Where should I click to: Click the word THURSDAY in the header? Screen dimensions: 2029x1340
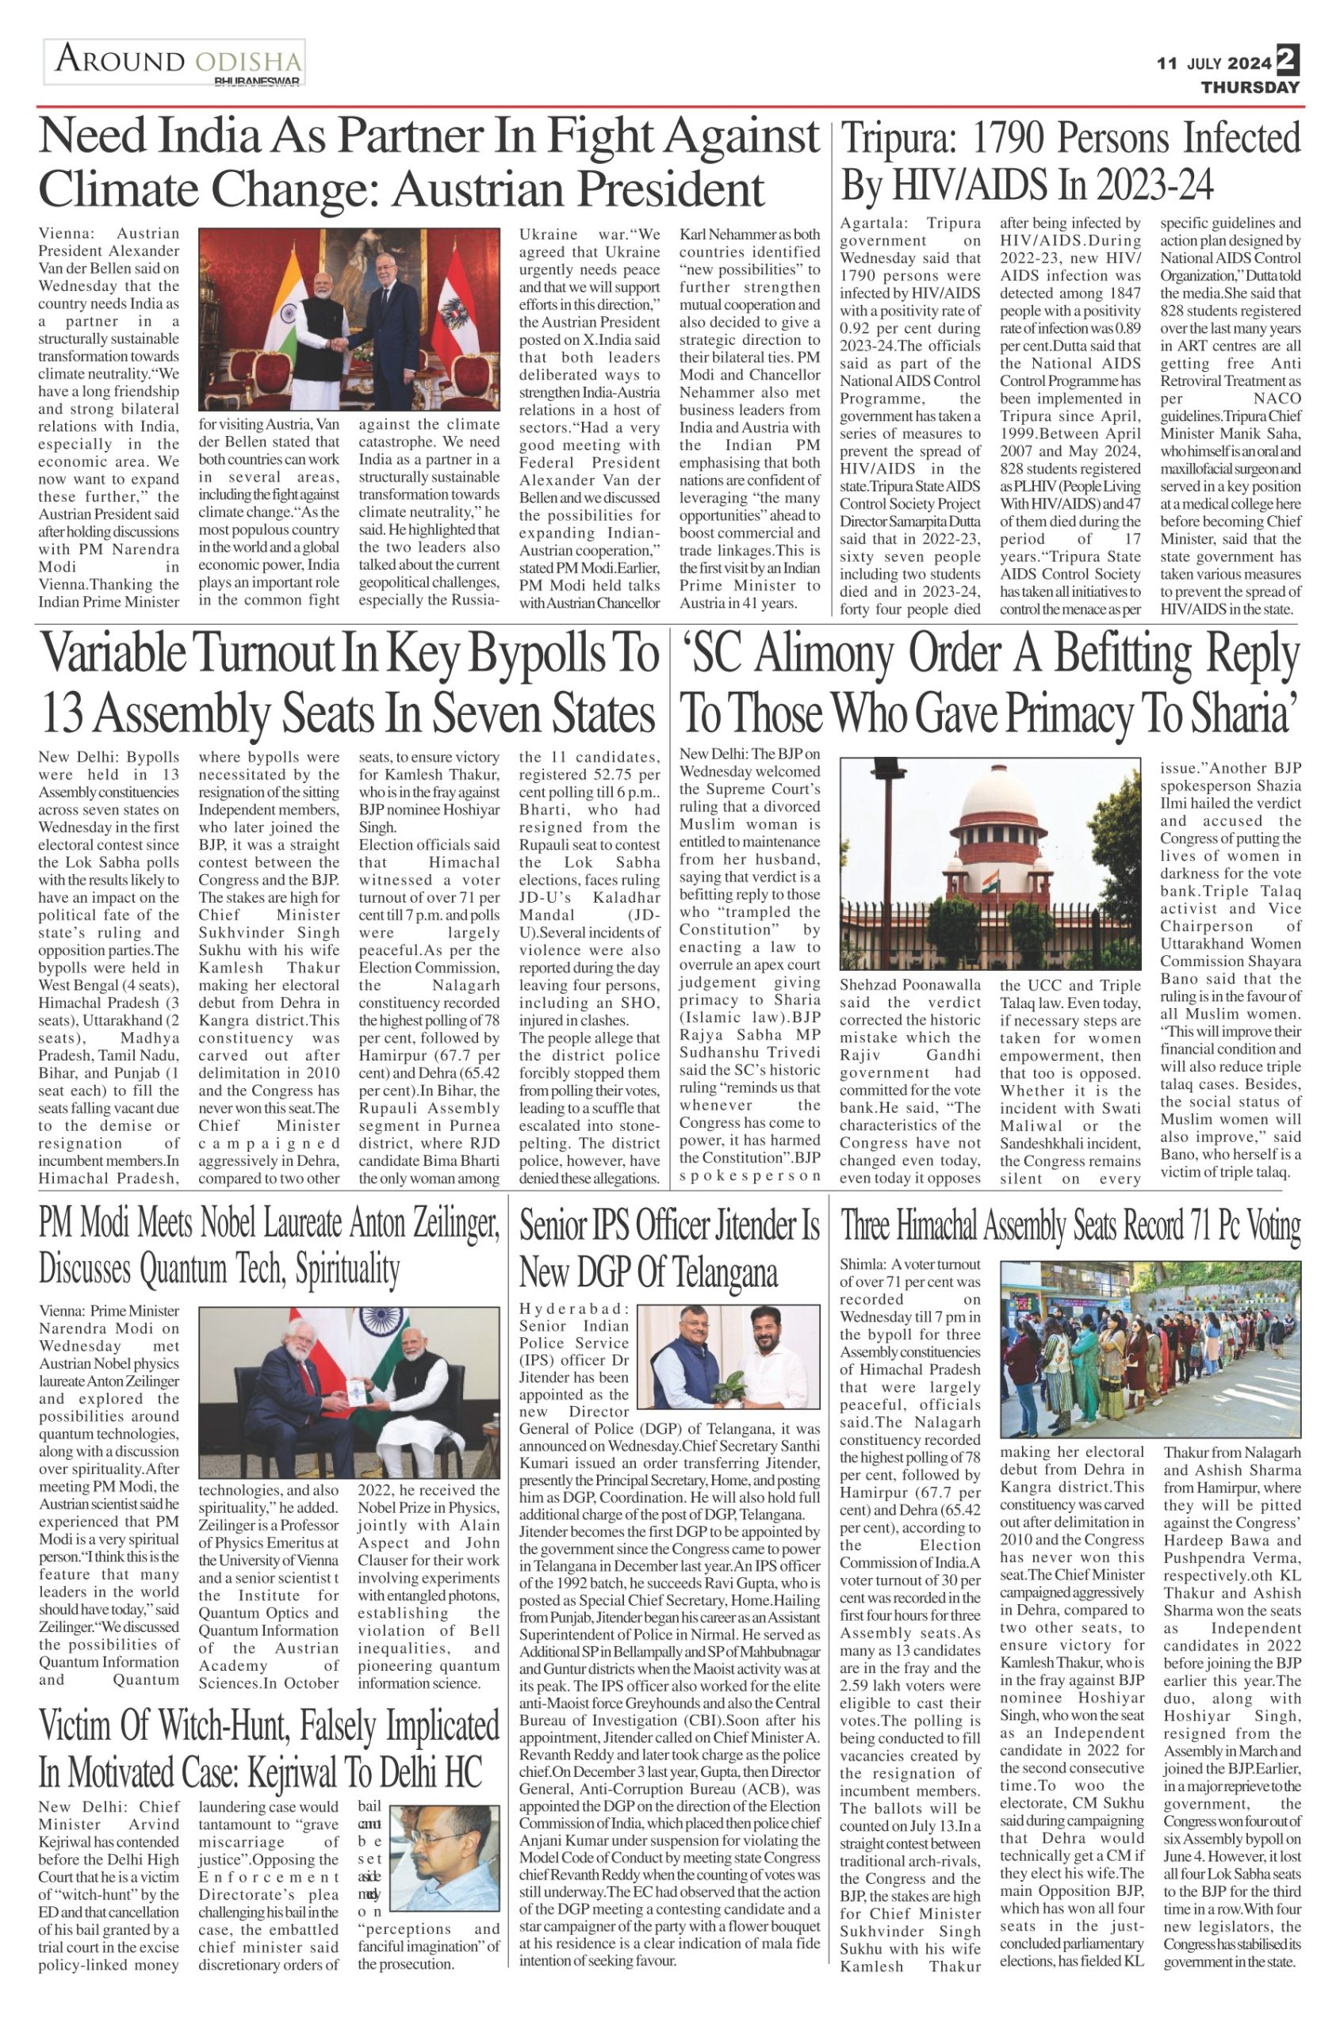coord(1250,87)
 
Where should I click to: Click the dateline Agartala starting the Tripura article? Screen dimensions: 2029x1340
coord(874,223)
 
